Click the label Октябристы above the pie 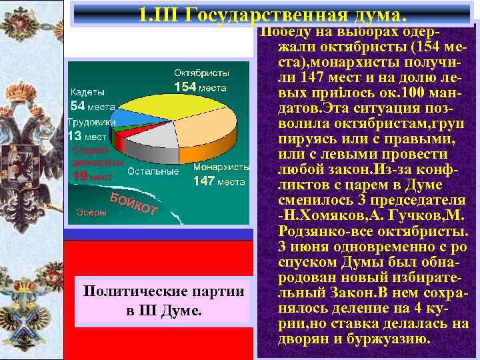point(202,72)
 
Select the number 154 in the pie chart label point(185,87)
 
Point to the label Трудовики point(92,123)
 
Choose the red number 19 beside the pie point(79,177)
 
